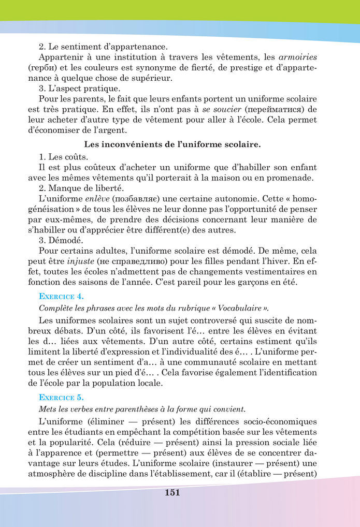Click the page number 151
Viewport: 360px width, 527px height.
point(172,492)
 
